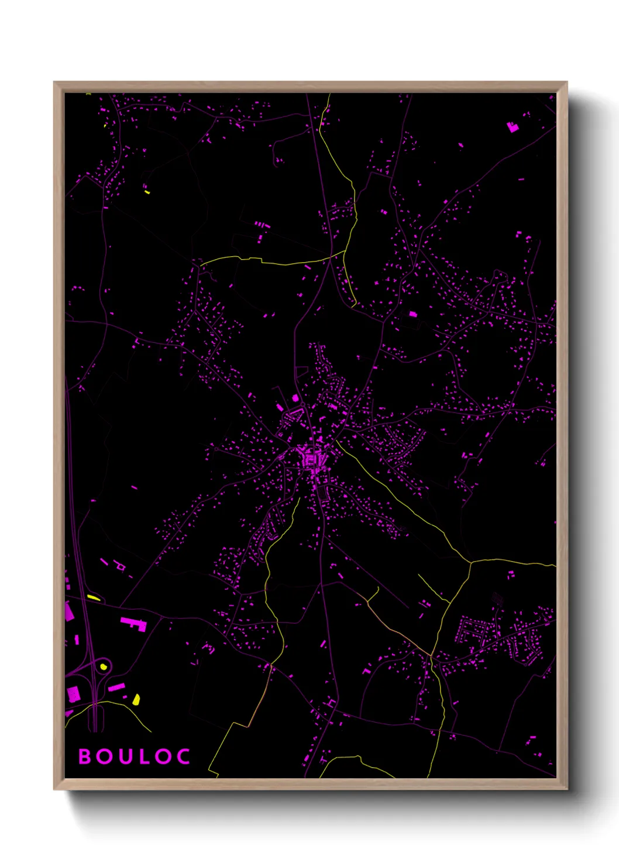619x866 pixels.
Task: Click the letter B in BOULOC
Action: pos(85,757)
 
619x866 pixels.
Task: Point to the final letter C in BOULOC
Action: pos(183,757)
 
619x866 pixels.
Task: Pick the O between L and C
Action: pos(163,757)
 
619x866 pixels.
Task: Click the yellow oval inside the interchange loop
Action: pos(104,666)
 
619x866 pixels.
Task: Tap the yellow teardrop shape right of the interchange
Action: pos(136,699)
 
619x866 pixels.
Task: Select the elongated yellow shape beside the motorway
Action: pos(94,597)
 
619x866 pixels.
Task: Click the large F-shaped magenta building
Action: pos(133,623)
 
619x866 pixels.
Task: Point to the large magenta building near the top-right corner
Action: pos(513,126)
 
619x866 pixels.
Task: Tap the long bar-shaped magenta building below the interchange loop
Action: pos(116,687)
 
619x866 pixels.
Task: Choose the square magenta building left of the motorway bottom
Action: pos(73,694)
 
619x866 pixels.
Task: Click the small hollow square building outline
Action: pos(121,566)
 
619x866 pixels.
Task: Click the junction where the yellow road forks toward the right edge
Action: pos(470,562)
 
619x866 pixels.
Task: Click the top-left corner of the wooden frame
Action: pos(54,83)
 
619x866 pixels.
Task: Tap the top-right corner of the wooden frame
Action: pos(567,83)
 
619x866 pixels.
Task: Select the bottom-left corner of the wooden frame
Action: pos(54,789)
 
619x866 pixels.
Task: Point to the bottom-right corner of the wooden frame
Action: pos(567,789)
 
